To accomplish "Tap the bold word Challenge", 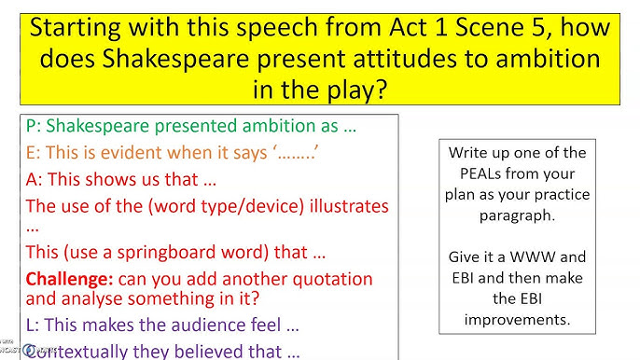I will coord(69,279).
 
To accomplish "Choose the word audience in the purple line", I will coord(206,326).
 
